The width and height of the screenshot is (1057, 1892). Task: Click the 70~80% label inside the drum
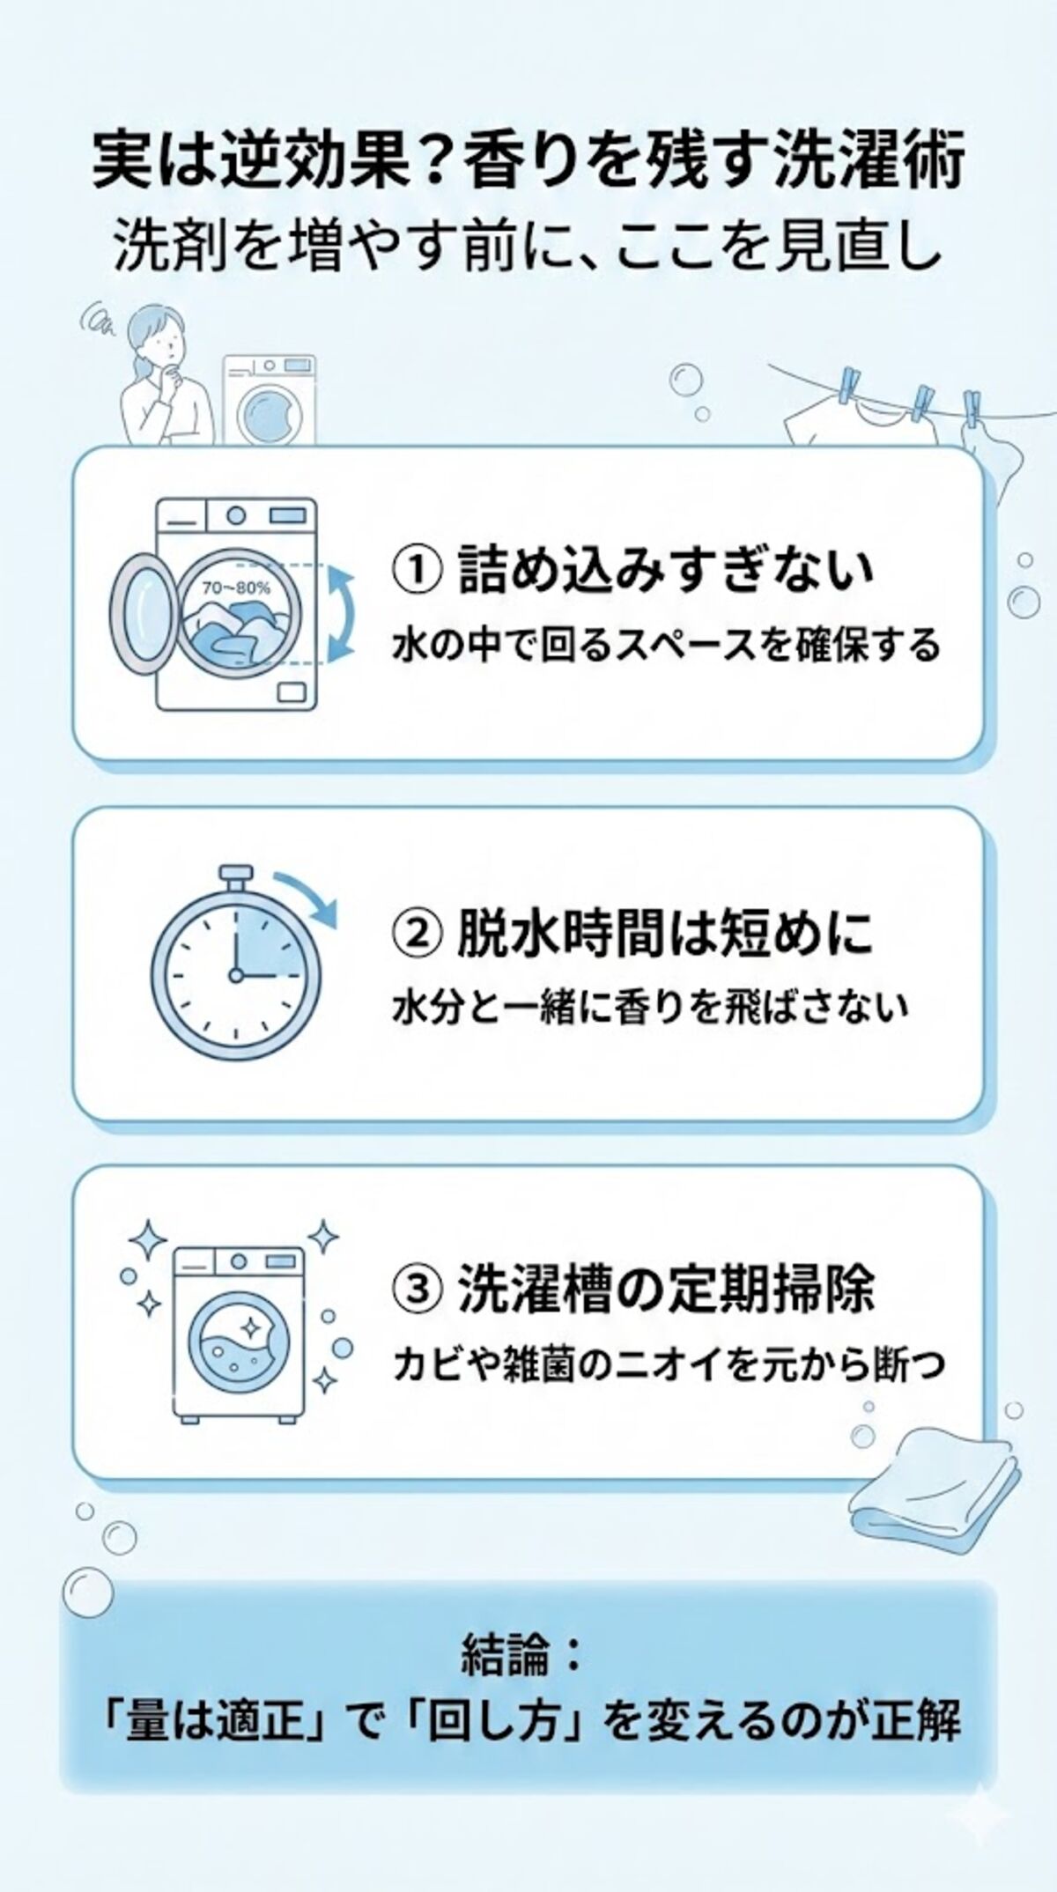(x=235, y=587)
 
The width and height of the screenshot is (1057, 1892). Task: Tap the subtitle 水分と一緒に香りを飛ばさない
(x=649, y=1007)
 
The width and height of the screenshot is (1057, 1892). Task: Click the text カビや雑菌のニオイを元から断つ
(x=669, y=1364)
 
